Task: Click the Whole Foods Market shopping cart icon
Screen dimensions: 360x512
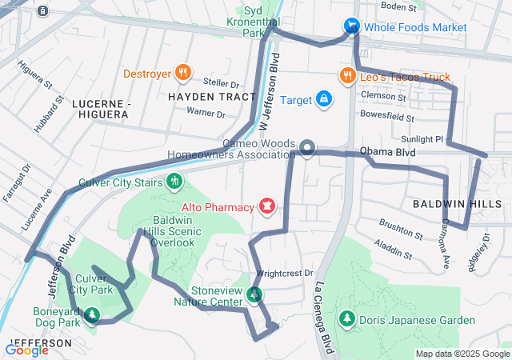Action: (x=351, y=27)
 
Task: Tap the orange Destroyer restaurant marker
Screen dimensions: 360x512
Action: (x=183, y=74)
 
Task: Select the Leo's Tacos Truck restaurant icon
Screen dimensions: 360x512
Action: (x=346, y=77)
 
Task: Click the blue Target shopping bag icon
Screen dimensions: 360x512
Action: (x=323, y=99)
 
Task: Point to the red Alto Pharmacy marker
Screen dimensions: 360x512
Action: (x=266, y=208)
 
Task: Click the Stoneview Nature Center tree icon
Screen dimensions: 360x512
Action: (x=254, y=295)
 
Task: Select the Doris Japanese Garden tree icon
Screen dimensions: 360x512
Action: (x=346, y=320)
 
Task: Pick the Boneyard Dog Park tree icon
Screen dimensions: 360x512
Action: (x=92, y=314)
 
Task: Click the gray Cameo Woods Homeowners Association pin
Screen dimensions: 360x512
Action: (x=308, y=148)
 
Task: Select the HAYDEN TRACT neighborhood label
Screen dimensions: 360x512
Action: (x=201, y=97)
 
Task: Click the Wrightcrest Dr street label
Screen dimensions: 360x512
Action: (x=285, y=274)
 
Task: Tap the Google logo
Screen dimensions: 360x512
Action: (x=26, y=350)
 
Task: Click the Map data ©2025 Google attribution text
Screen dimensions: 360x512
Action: (x=462, y=354)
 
